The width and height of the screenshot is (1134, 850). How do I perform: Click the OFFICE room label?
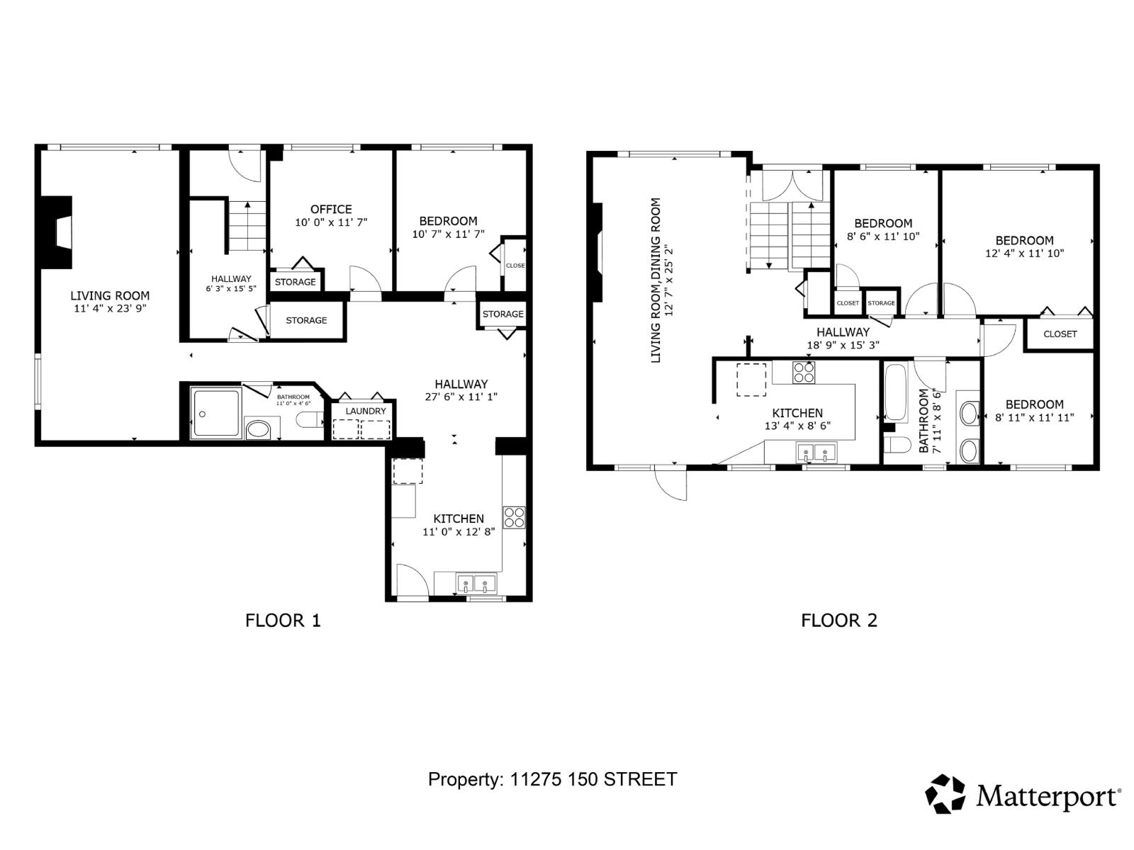pos(331,209)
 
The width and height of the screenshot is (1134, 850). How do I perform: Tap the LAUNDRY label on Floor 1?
pos(366,411)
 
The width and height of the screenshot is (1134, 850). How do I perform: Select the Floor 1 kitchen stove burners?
pos(514,517)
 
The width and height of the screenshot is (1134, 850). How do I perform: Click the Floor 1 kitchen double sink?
pos(476,584)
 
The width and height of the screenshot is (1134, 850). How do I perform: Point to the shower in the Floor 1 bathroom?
pos(216,413)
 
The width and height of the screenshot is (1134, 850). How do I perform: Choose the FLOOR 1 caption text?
pos(283,620)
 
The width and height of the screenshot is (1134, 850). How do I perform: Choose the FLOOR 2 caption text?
pos(839,620)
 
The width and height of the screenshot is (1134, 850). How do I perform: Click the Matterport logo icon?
pos(945,794)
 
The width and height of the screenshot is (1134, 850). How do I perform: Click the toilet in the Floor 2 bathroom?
pos(898,445)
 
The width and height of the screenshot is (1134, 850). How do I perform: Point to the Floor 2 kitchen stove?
pos(804,373)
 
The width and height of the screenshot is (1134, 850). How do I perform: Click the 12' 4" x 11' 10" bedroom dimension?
pos(1024,253)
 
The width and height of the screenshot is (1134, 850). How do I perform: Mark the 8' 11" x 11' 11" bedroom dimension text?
pos(1034,417)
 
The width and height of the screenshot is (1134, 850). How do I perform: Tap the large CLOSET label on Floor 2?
pos(1060,334)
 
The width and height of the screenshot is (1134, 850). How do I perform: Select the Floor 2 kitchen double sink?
pos(816,451)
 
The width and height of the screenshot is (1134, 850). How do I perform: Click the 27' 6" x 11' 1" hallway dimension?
pos(461,397)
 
